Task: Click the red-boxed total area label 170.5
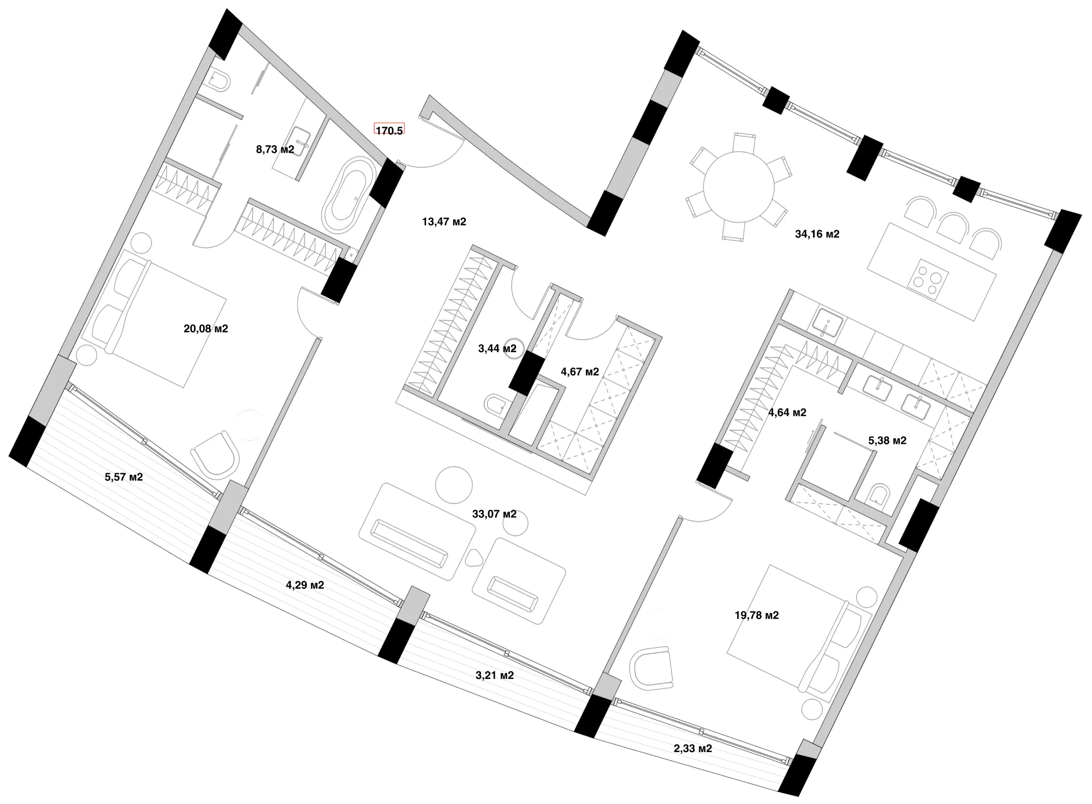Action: tap(389, 131)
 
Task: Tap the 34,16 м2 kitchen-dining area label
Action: tap(817, 234)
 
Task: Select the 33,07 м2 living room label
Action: tap(494, 514)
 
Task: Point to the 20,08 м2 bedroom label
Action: tap(206, 329)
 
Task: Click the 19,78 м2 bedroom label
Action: tap(757, 615)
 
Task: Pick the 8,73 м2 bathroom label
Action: tap(275, 149)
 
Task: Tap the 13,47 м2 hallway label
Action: tap(444, 222)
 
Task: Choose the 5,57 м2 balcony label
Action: tap(124, 477)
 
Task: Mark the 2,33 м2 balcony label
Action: tap(693, 748)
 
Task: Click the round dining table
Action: tap(739, 186)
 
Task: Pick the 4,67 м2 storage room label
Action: tap(580, 372)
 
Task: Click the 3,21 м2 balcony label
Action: tap(495, 675)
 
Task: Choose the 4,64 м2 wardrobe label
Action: tap(787, 413)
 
